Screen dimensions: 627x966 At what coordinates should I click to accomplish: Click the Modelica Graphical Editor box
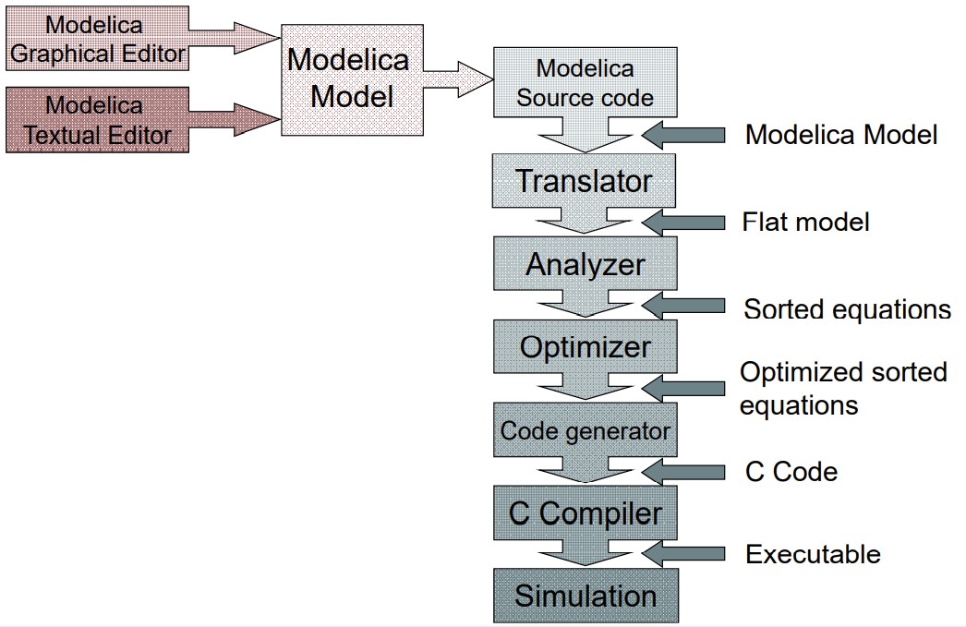click(x=97, y=38)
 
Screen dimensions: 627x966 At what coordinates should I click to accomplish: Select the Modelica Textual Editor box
click(x=97, y=120)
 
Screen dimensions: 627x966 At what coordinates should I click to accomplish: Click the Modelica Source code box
click(x=585, y=83)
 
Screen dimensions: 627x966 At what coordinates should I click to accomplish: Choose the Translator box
click(x=585, y=181)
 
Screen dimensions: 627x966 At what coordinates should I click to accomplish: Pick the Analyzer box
click(x=585, y=264)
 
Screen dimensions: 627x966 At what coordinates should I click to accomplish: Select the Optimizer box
click(x=585, y=347)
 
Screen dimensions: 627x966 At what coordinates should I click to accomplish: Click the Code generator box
click(x=585, y=430)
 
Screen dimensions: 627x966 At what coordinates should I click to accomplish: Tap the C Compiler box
click(x=585, y=513)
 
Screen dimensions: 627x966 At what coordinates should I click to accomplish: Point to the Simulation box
click(x=585, y=596)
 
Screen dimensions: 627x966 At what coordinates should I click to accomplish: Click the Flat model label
click(x=805, y=222)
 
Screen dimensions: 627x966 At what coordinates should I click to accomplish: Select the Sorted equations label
click(x=847, y=308)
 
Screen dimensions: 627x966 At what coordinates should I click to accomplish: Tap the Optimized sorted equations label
click(x=843, y=388)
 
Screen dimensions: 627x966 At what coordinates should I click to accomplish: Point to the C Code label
click(x=791, y=472)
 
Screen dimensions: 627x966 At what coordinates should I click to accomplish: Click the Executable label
click(x=813, y=554)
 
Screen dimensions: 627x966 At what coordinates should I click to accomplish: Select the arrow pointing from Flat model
click(x=684, y=222)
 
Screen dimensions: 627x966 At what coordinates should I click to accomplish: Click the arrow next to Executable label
click(x=684, y=554)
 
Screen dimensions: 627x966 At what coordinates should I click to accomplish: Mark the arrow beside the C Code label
click(x=684, y=472)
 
